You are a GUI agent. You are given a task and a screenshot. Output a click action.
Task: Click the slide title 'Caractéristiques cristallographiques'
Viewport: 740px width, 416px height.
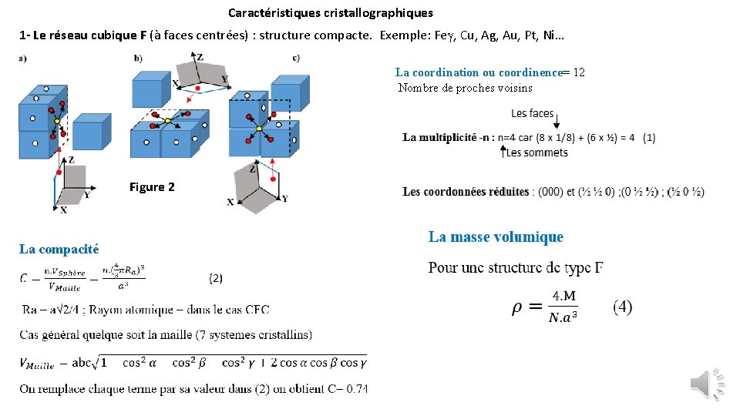point(331,13)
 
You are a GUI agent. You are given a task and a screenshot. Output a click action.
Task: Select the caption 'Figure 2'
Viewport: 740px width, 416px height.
point(152,187)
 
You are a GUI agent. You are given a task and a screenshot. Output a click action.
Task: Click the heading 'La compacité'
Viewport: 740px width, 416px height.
point(59,249)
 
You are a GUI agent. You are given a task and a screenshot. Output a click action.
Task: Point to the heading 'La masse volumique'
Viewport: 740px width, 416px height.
point(496,237)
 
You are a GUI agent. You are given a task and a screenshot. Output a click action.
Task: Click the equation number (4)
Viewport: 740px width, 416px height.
point(623,307)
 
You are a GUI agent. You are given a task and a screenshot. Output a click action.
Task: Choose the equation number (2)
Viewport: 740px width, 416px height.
point(216,278)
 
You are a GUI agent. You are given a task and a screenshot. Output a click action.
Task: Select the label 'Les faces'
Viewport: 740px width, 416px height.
point(532,113)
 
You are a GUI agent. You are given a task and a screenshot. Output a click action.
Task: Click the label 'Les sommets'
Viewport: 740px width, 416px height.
point(537,153)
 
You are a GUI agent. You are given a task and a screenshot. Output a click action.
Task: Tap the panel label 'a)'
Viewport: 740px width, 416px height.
point(23,57)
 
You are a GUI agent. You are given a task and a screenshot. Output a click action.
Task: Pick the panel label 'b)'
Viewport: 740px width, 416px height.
point(138,57)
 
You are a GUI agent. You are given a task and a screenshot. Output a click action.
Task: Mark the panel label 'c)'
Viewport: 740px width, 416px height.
point(297,57)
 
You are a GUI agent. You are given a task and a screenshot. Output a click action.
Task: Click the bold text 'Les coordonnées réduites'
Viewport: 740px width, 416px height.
point(466,192)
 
